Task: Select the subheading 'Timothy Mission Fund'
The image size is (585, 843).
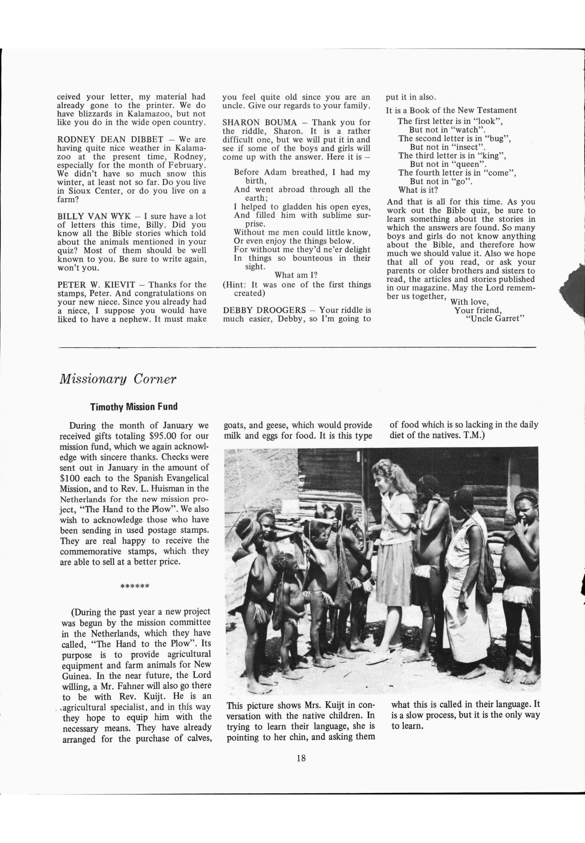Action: pos(134,407)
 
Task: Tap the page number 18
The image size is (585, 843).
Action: pos(301,758)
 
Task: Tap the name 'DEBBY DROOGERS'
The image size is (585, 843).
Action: pos(264,310)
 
